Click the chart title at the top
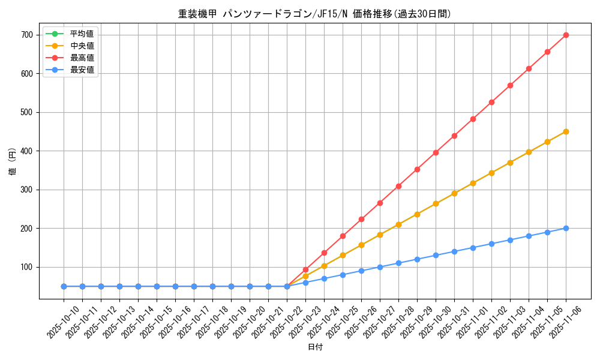pos(314,14)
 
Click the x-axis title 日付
pos(315,347)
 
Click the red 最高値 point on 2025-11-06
pos(566,35)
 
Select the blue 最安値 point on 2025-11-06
pos(566,228)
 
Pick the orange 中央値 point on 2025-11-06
pos(566,131)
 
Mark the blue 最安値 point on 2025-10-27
pos(380,267)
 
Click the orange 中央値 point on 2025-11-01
pos(473,183)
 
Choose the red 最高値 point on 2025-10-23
pos(305,269)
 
